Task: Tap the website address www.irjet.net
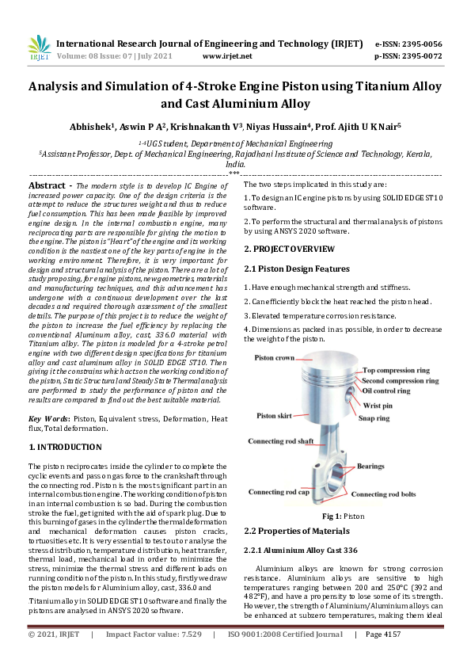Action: point(227,56)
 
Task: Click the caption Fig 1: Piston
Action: point(342,516)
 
